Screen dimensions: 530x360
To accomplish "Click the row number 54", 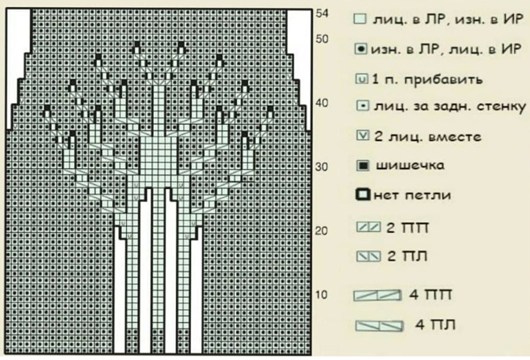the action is [x=322, y=14].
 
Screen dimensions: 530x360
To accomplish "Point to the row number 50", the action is [x=322, y=39].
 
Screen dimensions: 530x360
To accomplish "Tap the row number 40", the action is [x=322, y=103].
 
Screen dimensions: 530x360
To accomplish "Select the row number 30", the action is [x=322, y=167].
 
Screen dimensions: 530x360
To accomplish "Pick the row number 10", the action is [x=322, y=295].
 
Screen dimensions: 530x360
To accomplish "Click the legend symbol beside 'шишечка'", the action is [x=363, y=166].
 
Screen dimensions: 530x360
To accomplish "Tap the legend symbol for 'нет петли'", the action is [x=363, y=195].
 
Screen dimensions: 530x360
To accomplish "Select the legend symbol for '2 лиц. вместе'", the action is [x=363, y=136].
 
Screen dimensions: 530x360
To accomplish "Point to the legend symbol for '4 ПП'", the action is [x=378, y=296].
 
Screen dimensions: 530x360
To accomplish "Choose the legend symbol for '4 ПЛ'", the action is [x=379, y=326].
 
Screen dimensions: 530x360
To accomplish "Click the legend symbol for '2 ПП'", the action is [x=368, y=227].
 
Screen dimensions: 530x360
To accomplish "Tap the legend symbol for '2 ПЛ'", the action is [x=368, y=256].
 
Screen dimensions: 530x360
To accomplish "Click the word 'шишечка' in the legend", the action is [x=410, y=166].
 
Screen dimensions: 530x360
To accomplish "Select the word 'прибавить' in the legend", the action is [x=443, y=80].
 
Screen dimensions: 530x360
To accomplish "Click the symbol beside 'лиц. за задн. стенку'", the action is [x=363, y=106].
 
